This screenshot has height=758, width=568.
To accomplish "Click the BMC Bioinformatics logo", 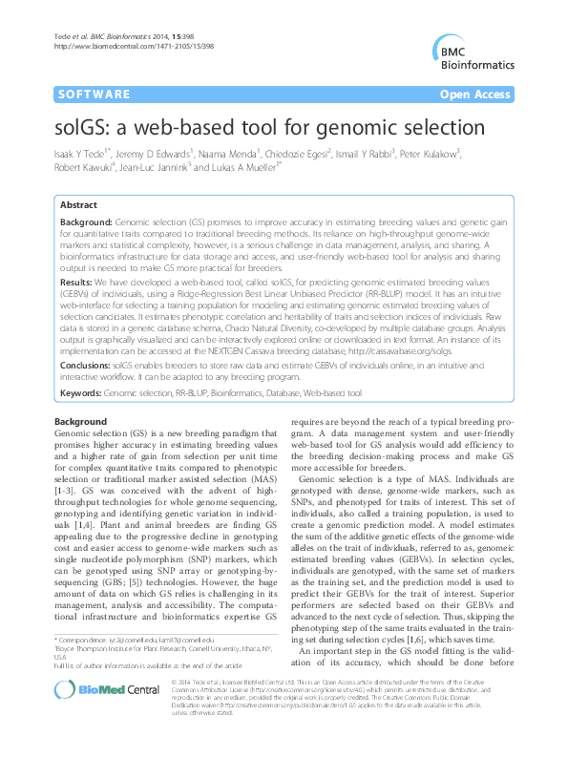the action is click(473, 53).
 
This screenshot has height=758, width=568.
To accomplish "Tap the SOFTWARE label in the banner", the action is click(94, 95).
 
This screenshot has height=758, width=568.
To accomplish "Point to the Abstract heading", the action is click(78, 205).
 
